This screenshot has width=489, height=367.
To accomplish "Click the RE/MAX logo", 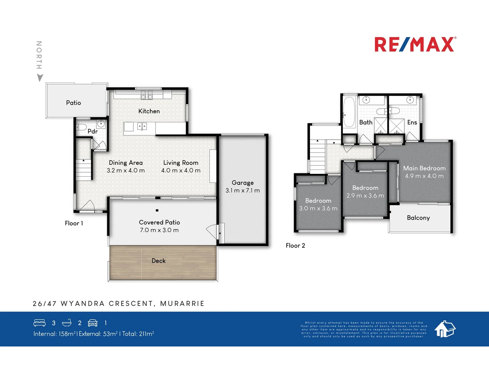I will (415, 45).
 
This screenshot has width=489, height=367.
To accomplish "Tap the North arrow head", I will (40, 78).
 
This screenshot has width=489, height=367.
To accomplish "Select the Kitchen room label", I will (149, 111).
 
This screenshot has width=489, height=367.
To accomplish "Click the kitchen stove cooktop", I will (147, 94).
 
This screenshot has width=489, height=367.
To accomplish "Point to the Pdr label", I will (92, 132).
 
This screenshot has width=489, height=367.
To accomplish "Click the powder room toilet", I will (81, 127).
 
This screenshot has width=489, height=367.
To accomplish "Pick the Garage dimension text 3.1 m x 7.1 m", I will (242, 191).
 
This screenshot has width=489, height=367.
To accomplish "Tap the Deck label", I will (159, 261).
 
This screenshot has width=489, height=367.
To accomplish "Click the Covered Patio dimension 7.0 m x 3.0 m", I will (159, 230).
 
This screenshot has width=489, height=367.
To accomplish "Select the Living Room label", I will (181, 163).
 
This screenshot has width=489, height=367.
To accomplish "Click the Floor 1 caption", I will (74, 223).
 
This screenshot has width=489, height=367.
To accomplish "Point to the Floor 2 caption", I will (295, 246).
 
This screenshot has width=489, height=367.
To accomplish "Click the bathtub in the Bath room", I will (349, 112).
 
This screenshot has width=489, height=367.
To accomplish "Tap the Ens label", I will (412, 122).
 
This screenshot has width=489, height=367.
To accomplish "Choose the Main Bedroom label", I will (424, 168).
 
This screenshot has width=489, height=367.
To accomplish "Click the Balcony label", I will (418, 218).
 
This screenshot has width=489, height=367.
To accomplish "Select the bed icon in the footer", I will (39, 323).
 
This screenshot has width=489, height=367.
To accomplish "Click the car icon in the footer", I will (93, 323).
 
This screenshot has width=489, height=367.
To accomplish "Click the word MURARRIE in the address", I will (182, 303).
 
